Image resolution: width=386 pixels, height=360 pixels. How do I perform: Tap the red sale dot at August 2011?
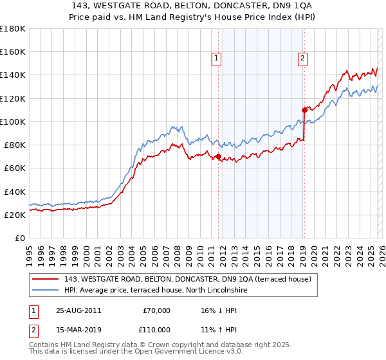click(x=218, y=156)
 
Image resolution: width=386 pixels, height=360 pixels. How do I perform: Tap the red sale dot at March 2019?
click(x=304, y=110)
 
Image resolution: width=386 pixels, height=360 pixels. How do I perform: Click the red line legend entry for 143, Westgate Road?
click(x=188, y=279)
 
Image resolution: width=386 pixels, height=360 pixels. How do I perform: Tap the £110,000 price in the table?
click(x=156, y=329)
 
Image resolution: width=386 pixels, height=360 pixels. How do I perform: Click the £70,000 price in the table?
click(x=156, y=310)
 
